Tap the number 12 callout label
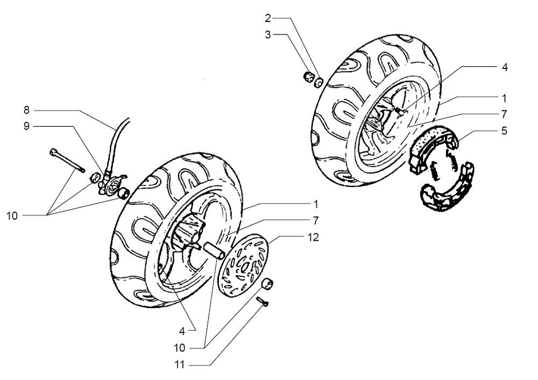point(314,237)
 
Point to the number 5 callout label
point(504,130)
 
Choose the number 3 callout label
point(267,34)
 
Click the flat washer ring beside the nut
point(318,82)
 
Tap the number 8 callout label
point(26,110)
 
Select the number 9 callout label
point(26,126)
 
